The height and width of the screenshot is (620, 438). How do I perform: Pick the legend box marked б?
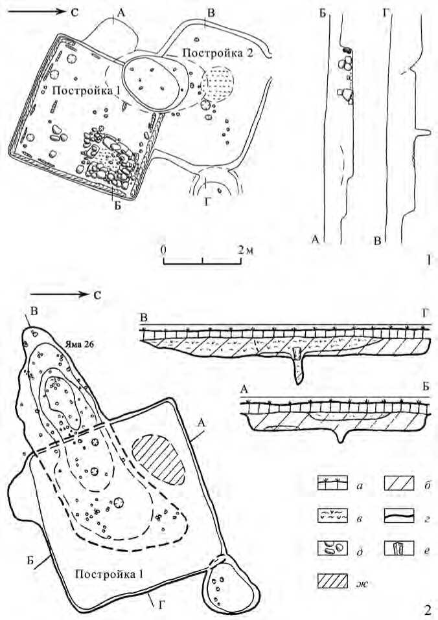pos(398,483)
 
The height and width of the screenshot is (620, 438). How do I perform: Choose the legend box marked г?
pos(398,516)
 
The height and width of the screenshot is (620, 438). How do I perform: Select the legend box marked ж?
pos(332,581)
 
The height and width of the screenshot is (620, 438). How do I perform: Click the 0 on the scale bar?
pos(163,250)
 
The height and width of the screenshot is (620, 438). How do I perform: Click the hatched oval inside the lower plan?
pos(158,459)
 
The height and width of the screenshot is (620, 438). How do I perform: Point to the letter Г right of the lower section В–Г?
pos(425,316)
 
